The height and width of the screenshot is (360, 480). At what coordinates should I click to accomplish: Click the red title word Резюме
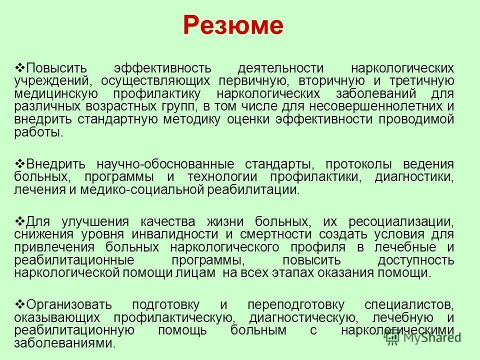click(233, 25)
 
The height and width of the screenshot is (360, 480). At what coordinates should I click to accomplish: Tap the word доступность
click(416, 260)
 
